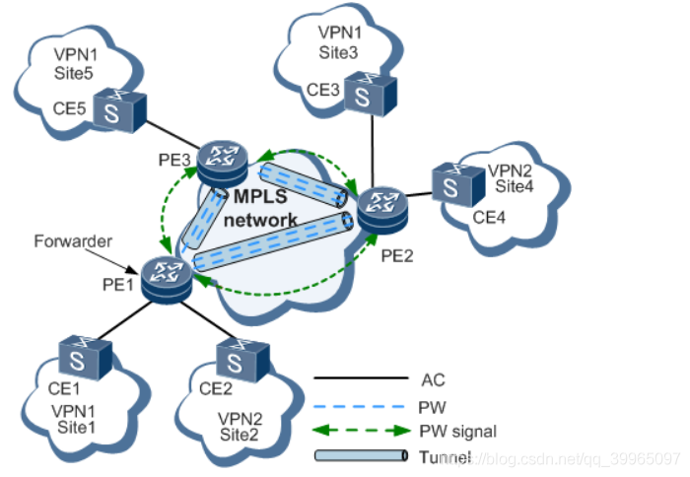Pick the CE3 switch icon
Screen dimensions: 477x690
click(x=376, y=93)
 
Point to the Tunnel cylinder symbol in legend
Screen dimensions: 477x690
click(x=361, y=456)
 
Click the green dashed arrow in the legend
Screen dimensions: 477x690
click(x=361, y=430)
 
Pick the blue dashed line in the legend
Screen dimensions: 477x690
click(x=361, y=404)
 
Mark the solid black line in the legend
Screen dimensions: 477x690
click(x=361, y=377)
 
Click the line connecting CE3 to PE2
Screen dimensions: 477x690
click(x=374, y=148)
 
